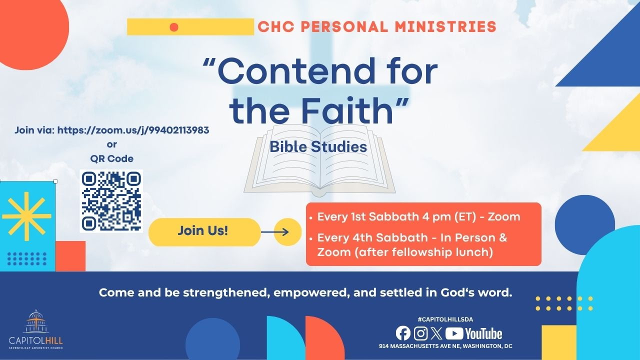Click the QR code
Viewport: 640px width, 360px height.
click(x=111, y=201)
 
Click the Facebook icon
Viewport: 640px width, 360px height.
click(x=403, y=333)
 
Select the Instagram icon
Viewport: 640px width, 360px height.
click(x=420, y=333)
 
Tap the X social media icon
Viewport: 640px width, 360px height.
click(x=436, y=333)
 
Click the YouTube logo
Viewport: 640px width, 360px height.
click(x=473, y=333)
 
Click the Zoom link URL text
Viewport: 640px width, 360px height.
click(x=133, y=130)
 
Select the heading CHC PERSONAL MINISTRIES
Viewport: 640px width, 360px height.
click(x=377, y=27)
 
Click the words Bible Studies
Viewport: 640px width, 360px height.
click(x=318, y=147)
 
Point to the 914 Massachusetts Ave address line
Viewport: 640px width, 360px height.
click(x=445, y=346)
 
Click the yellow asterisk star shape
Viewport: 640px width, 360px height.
click(x=26, y=216)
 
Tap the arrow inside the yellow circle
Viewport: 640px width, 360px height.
click(x=275, y=232)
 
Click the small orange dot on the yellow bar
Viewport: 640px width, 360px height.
click(x=174, y=27)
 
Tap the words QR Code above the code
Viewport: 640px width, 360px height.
click(x=111, y=159)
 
